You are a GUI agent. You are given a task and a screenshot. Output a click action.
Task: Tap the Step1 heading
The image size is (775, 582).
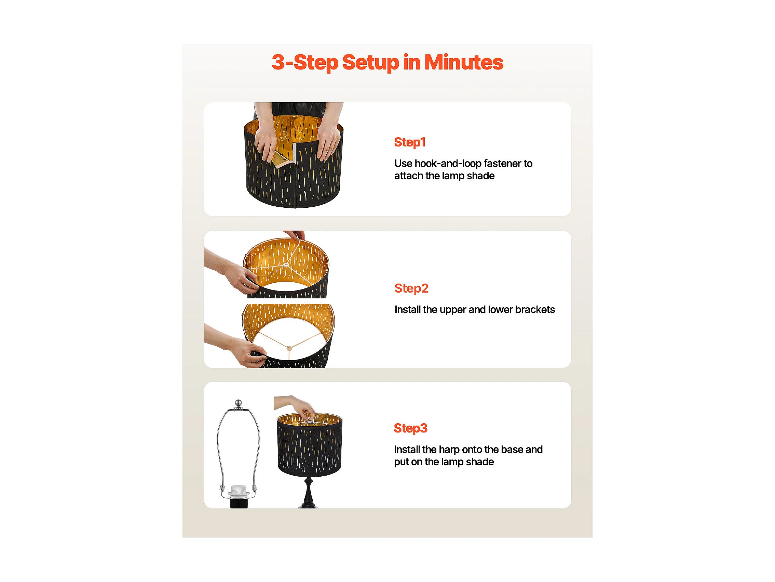pos(410,142)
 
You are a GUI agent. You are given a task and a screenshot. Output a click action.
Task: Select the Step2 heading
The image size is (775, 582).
pos(411,288)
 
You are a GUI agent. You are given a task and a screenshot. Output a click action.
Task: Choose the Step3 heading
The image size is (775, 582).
pos(411,428)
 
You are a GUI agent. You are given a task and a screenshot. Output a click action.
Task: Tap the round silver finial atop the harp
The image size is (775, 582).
pos(238,402)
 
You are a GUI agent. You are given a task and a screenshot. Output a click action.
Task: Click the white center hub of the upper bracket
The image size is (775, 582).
pos(286,265)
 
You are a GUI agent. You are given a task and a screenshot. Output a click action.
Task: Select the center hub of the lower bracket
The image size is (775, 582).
pos(289,348)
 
